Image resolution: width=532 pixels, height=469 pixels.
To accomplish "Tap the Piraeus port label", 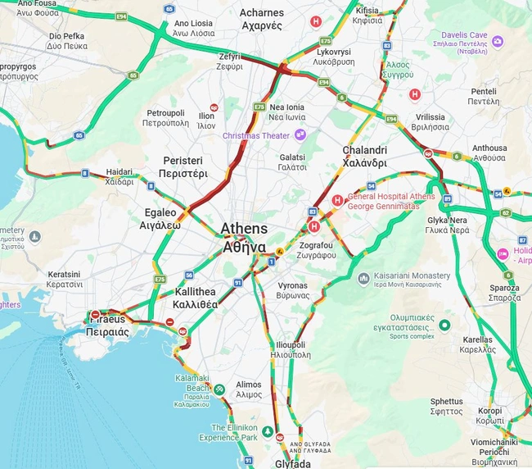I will tap(107, 325).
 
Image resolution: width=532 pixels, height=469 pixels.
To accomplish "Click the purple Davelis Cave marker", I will tap(497, 41).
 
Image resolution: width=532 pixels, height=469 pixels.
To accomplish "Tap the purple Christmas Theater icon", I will tap(300, 134).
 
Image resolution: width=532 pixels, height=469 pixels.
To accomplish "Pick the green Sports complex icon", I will tap(444, 326).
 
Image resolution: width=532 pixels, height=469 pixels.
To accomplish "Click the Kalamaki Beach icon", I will tap(219, 387).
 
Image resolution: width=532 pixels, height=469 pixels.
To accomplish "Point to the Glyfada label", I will tap(292, 463).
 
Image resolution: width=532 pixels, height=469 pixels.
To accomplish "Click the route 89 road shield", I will tap(447, 198).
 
